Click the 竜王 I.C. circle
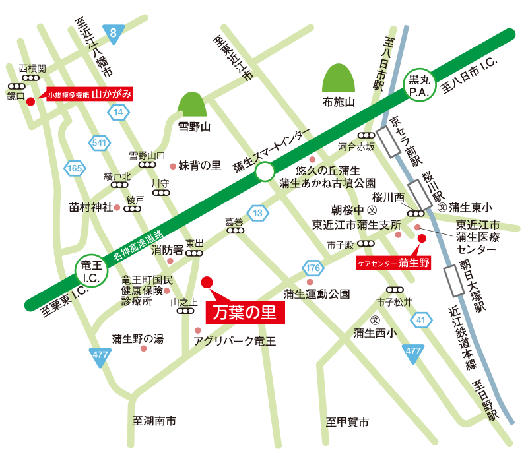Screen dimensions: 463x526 90,271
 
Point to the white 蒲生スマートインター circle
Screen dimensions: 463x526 265,173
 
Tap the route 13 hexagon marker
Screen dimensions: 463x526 260,212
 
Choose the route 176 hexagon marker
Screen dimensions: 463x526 313,268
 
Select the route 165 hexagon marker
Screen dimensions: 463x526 74,169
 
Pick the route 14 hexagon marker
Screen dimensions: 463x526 118,113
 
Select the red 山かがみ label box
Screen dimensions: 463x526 90,94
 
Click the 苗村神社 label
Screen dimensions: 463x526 90,206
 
